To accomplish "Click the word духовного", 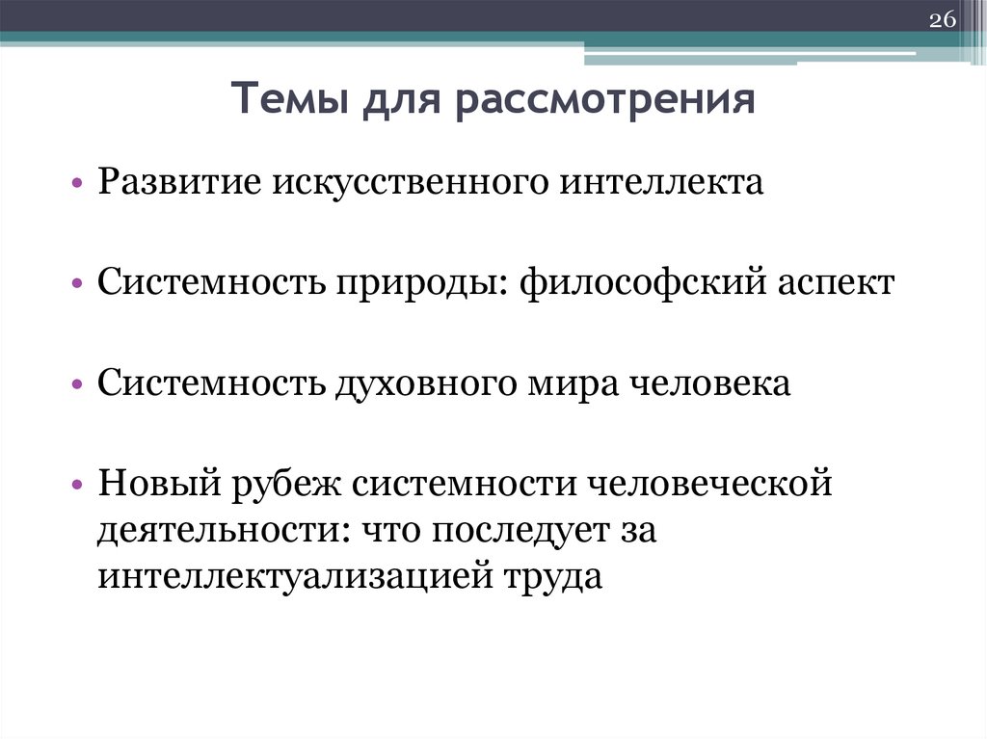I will [431, 383].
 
